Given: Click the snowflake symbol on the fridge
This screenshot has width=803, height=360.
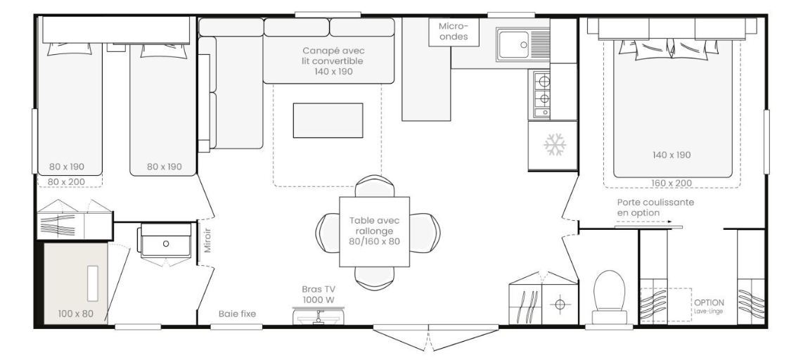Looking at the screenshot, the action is click(555, 145).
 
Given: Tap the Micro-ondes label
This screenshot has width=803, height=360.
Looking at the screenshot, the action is click(454, 31).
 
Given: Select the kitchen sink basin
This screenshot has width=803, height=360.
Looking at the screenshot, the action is click(514, 44).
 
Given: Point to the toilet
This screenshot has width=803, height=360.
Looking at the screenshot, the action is click(610, 297).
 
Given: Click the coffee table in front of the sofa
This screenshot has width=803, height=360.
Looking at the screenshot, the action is click(328, 120).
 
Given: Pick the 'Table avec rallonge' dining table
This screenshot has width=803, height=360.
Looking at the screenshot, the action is click(374, 231).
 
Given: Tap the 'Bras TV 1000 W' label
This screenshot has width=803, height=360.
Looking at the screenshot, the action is click(318, 295).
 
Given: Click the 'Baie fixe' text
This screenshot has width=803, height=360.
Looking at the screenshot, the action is click(237, 314).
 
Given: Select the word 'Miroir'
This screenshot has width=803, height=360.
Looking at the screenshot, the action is click(207, 240).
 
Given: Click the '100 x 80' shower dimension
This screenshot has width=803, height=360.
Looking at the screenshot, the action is click(76, 314).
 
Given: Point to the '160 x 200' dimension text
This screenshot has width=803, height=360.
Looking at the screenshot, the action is click(672, 183).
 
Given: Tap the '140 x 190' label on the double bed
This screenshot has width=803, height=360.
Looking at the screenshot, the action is click(672, 155).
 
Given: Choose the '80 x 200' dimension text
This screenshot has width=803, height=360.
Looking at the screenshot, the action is click(67, 181).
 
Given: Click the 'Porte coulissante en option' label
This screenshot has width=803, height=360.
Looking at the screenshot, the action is click(655, 207).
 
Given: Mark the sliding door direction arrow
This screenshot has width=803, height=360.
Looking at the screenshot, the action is click(643, 221).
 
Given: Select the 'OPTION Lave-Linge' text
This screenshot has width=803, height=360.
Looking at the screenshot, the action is click(709, 307).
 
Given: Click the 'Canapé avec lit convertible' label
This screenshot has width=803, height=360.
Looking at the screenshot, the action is click(333, 61).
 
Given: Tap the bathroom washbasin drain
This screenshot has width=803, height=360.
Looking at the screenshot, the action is click(166, 244).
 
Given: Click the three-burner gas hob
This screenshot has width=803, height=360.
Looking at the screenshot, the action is click(542, 94).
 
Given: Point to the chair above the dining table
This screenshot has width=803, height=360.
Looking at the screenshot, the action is click(375, 186).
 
